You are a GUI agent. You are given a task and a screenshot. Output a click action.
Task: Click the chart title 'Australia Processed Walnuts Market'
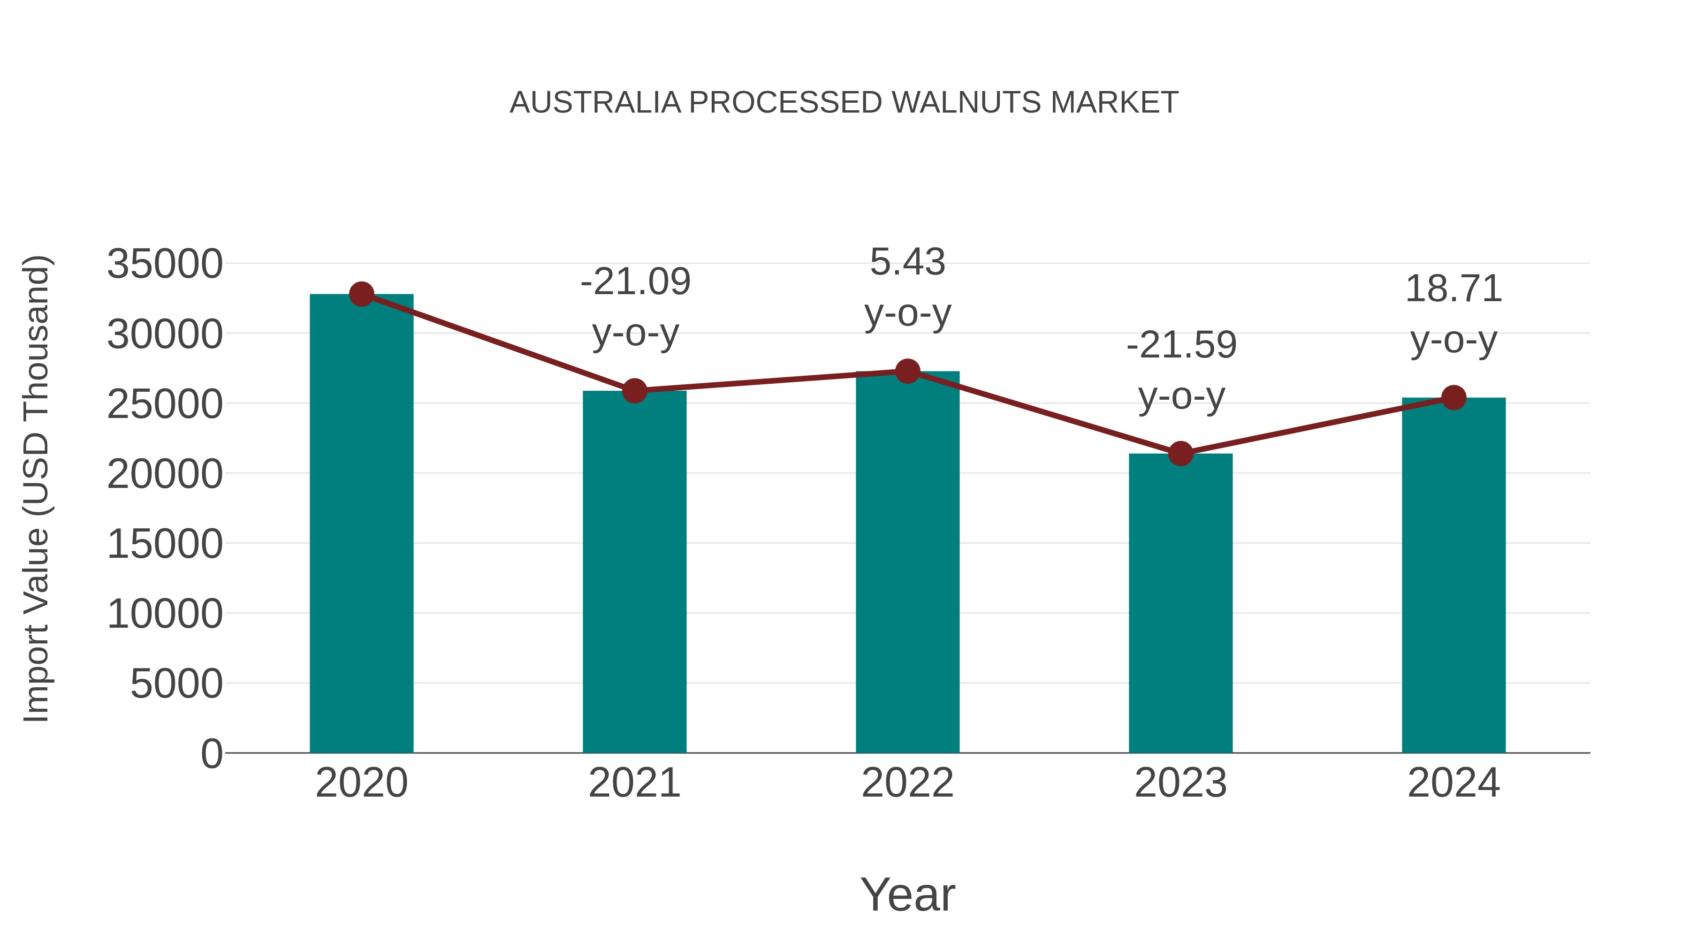pos(844,103)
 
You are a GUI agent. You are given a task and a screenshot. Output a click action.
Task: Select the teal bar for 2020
pos(361,524)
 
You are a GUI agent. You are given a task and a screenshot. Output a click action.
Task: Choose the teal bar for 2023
pos(1180,603)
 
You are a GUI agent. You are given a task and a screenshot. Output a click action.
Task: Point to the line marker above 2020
pos(361,294)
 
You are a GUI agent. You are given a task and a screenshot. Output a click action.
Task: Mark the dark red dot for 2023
pos(1180,453)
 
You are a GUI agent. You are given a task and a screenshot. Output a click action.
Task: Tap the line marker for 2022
pos(907,372)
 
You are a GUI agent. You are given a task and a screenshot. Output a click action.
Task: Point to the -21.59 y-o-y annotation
pos(1181,371)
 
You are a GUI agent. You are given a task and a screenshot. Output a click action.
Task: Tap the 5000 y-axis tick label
pos(176,684)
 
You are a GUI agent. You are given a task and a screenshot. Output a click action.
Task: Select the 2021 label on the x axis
pos(634,783)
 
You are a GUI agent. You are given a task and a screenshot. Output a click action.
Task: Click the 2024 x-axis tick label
pos(1453,783)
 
